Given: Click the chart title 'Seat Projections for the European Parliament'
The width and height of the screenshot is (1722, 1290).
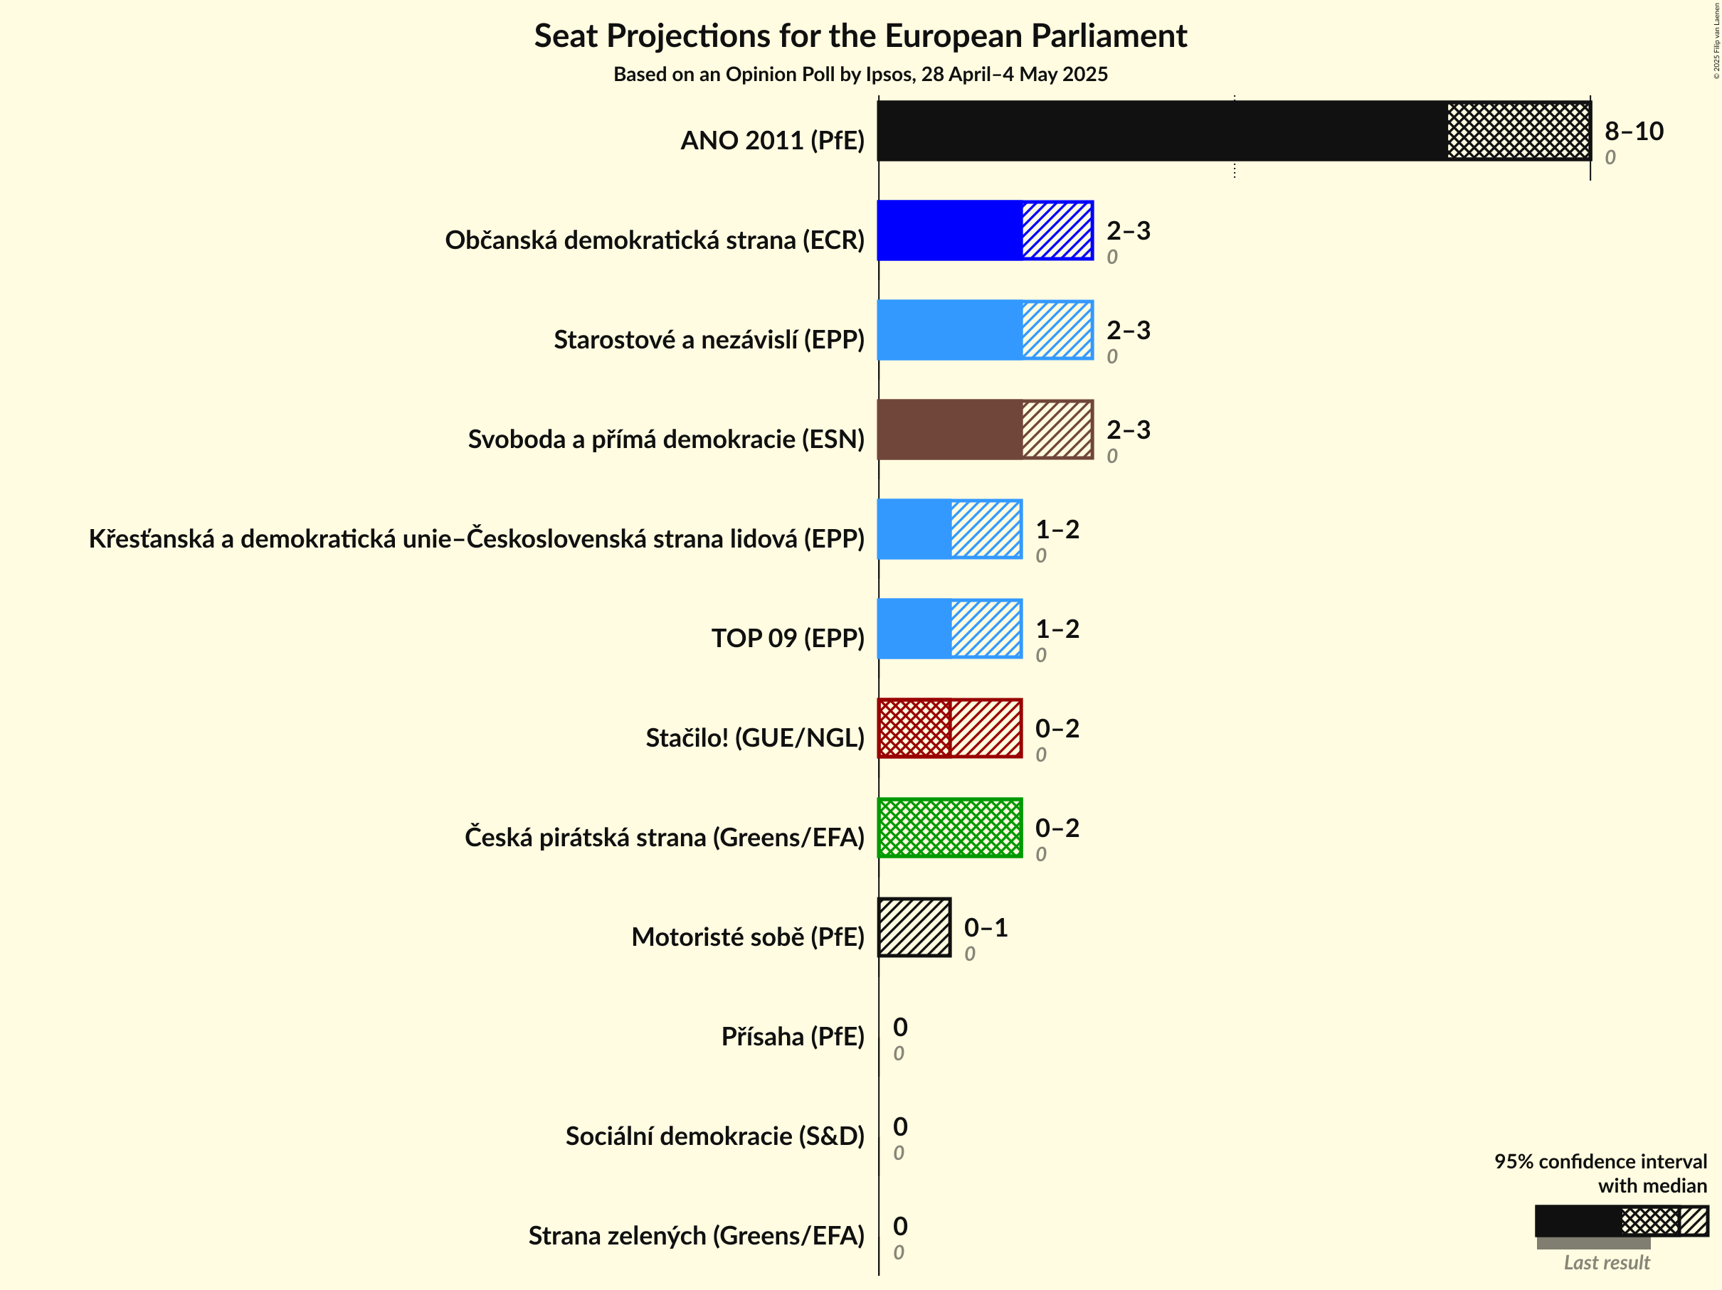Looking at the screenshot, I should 860,36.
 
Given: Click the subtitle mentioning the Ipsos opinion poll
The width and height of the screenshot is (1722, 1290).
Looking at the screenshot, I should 860,75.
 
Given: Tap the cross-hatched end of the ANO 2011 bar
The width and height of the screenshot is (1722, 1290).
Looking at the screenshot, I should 1518,131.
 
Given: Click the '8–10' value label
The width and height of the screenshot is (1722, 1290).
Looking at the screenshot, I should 1633,131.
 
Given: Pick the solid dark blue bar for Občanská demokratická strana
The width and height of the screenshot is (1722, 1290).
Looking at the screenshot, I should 950,230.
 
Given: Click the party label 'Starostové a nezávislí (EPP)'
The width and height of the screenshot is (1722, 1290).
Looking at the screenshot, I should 709,339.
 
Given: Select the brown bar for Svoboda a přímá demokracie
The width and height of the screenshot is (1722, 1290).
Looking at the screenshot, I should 950,430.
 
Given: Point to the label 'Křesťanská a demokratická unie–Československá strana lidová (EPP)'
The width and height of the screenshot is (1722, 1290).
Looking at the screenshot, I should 477,538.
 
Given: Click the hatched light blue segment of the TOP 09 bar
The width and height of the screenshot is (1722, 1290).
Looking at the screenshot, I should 986,629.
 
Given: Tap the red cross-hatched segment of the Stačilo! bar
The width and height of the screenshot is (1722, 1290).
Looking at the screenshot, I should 914,728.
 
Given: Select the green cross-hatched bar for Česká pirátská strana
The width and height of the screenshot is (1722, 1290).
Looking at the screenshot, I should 950,828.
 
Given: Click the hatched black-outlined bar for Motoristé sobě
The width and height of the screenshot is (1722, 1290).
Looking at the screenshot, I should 914,927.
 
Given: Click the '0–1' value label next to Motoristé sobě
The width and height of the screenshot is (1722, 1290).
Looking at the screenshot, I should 986,927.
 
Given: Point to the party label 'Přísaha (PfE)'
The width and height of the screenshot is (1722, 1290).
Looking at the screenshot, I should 793,1036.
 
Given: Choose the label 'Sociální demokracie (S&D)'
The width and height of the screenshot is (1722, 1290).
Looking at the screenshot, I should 714,1136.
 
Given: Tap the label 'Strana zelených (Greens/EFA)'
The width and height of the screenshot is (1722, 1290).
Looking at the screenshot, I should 696,1235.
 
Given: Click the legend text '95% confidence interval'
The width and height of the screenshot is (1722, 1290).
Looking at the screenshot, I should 1600,1161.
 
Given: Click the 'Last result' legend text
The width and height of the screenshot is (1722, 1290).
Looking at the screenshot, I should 1607,1263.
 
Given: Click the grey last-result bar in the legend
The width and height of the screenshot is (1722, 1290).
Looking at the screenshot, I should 1592,1243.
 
